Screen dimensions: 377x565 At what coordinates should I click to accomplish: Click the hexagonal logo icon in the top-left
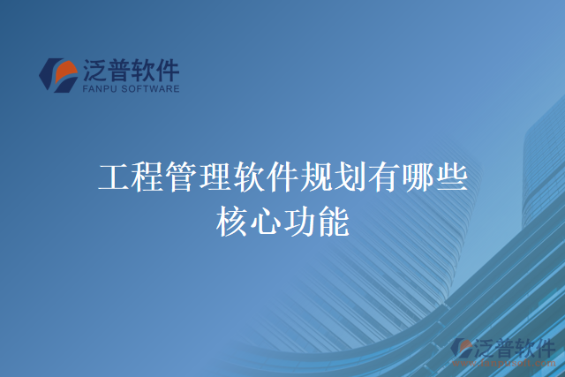(58, 74)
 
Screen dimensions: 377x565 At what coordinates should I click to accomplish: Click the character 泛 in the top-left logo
(97, 69)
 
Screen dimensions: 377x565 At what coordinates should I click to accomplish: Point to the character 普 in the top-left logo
(124, 69)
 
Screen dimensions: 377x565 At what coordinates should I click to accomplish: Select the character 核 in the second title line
(231, 221)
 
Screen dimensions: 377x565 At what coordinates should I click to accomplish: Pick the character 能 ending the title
(333, 221)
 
